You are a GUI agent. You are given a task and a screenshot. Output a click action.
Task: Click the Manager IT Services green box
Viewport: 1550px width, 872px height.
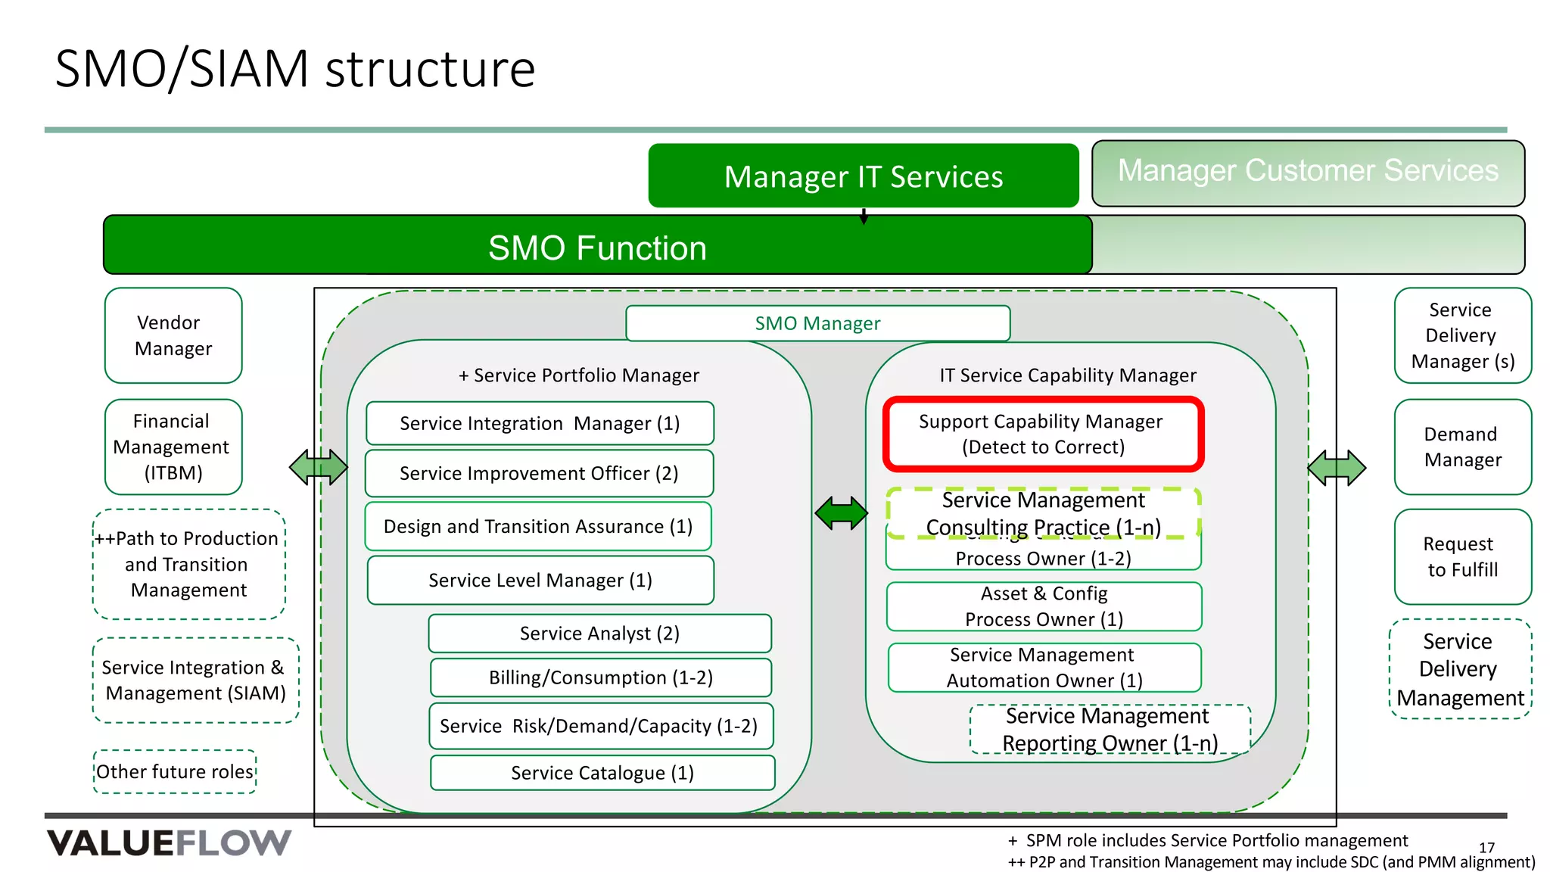[x=863, y=176]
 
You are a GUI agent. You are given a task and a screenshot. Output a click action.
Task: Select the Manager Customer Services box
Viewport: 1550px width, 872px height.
[x=1307, y=173]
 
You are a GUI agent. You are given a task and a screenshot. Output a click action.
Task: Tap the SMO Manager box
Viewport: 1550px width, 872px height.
[x=817, y=323]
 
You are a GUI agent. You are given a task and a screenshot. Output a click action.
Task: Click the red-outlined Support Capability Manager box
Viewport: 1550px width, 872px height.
[x=1043, y=434]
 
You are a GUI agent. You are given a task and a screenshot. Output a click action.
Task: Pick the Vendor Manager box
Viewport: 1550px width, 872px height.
[x=173, y=335]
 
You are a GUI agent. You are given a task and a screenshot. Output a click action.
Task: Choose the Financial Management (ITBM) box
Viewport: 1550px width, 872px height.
[x=173, y=447]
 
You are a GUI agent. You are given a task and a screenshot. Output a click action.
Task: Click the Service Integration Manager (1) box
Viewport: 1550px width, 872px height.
[x=540, y=423]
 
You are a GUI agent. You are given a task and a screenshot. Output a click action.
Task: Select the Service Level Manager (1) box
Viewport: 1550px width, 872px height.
[x=540, y=580]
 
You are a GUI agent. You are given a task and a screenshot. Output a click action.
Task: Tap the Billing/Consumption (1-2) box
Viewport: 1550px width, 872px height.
[x=600, y=677]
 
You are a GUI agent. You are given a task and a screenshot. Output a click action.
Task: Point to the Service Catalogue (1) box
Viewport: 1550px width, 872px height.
[x=602, y=773]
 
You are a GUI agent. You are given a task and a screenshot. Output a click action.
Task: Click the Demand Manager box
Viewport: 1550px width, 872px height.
[x=1462, y=447]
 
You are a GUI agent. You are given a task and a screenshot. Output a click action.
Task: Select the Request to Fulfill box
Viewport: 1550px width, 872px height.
[x=1462, y=556]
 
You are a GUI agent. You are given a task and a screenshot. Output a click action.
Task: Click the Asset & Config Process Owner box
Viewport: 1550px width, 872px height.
[x=1044, y=606]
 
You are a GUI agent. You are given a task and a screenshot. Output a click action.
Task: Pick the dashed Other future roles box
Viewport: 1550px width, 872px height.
[x=175, y=771]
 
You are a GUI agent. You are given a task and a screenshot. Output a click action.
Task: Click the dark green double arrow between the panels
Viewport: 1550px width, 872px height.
[x=841, y=513]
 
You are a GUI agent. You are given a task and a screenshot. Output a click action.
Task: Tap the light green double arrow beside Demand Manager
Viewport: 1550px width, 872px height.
[x=1337, y=468]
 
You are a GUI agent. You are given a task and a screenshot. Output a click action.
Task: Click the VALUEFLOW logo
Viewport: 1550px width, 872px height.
[x=169, y=842]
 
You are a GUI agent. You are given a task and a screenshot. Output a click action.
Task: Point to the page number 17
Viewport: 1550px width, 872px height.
[x=1486, y=848]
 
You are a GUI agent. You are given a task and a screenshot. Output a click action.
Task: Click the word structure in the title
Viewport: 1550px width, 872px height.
[x=430, y=69]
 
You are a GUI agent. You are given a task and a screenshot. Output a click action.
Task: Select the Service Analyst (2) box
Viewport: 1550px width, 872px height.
[x=599, y=633]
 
